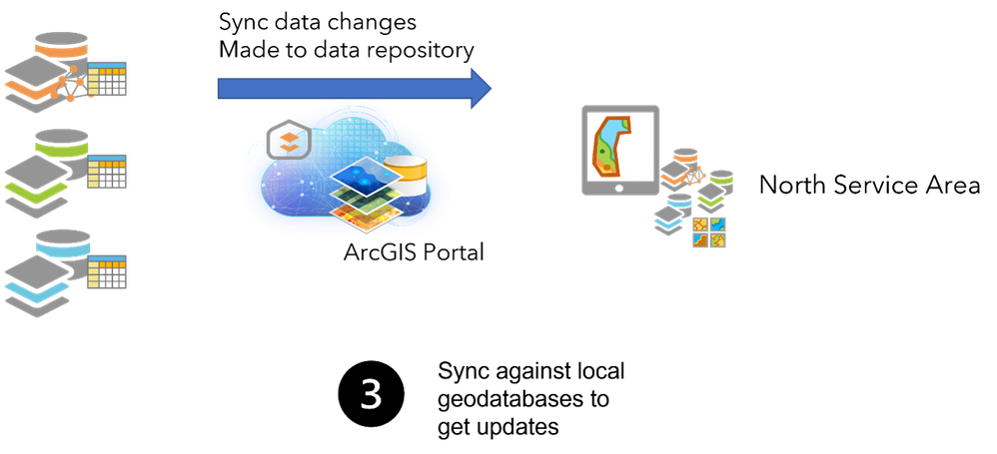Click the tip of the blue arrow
pos(491,89)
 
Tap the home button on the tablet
pos(619,187)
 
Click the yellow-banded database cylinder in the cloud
pos(406,177)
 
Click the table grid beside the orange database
pos(107,79)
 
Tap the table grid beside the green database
pos(106,172)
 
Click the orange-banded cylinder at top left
pos(62,45)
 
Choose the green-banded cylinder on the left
pos(62,142)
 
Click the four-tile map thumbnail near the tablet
pos(709,232)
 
